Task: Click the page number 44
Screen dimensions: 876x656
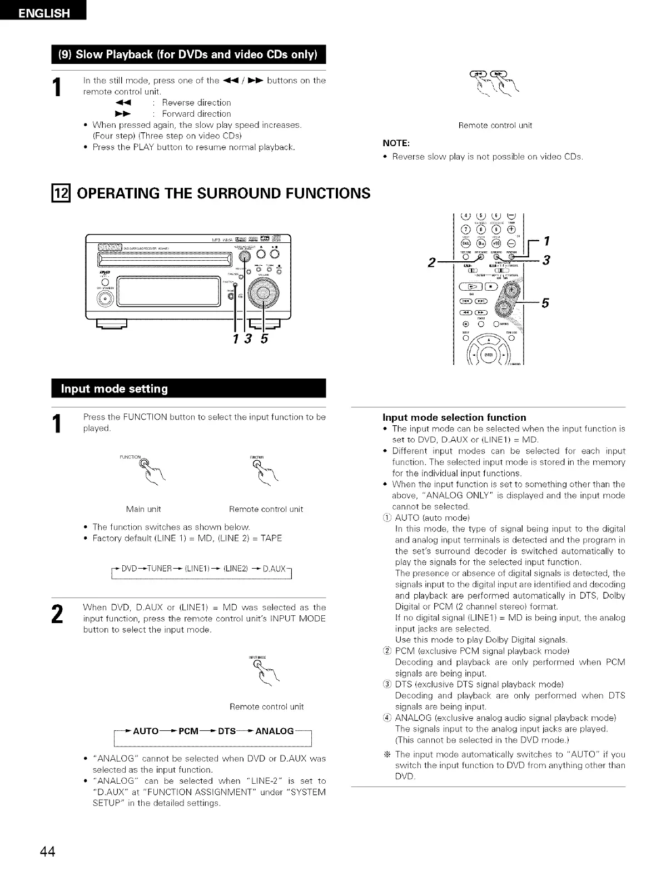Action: click(x=47, y=852)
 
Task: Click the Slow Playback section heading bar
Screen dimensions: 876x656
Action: click(x=188, y=54)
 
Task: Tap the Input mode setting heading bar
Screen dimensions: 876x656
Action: click(x=188, y=389)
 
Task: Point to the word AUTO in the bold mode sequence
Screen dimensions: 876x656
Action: click(x=146, y=731)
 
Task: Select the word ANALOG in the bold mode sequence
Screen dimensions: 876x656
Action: click(x=274, y=731)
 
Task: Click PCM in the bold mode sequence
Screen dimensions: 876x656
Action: click(x=187, y=731)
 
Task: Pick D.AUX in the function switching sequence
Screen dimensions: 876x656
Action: click(x=274, y=569)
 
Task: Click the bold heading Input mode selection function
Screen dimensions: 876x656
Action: click(x=454, y=417)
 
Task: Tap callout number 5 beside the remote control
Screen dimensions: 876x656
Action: click(x=545, y=303)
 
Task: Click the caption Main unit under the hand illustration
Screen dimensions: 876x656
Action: click(x=143, y=509)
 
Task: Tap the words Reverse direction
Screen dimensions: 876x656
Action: click(x=196, y=102)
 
